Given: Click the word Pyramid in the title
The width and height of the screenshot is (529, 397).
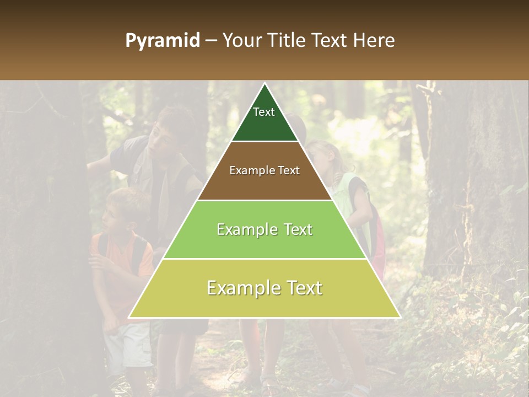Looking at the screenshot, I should click(x=162, y=41).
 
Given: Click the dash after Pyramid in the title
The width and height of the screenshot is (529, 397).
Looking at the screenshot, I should click(x=210, y=41).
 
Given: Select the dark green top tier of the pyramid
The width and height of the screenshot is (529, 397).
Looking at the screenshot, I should click(x=264, y=124).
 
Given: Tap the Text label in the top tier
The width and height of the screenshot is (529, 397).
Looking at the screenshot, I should click(x=264, y=112).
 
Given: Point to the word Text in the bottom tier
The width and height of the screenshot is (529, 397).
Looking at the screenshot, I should click(x=303, y=288).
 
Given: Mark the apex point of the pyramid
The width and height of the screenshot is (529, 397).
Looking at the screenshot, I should click(x=265, y=84).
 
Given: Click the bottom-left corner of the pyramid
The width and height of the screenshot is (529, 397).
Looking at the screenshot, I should click(x=129, y=317).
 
